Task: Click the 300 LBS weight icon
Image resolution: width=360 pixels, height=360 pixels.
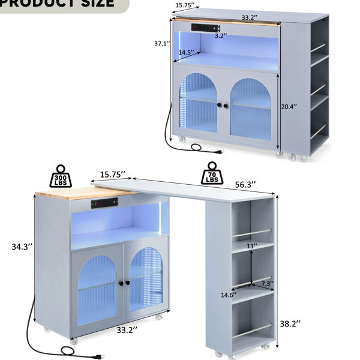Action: coord(61,176)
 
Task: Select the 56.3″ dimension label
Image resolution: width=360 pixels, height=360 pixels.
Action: coord(245,184)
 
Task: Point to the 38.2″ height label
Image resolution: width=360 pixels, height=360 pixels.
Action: coord(290,324)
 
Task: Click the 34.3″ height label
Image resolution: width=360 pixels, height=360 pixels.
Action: coord(22,247)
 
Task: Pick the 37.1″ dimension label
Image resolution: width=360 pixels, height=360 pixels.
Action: coord(163,43)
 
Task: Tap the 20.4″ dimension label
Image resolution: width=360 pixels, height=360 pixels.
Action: coord(289,106)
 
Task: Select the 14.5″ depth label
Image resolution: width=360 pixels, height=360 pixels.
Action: coord(187,52)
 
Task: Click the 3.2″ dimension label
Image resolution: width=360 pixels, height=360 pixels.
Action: coord(221,35)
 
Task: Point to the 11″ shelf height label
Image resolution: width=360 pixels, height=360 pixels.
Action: coord(252,246)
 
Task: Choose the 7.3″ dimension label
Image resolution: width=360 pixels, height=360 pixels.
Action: coord(268,284)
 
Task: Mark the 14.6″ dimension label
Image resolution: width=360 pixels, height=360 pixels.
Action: coord(229,295)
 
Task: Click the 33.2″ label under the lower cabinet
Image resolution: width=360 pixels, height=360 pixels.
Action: coord(127,330)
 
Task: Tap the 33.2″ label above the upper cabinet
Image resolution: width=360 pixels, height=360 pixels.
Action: coord(249,17)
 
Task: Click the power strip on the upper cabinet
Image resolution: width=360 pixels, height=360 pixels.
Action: coord(205,28)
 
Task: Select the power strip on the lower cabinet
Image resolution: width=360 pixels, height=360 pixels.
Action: coord(104,203)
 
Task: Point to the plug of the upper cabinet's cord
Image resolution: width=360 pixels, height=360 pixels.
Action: coord(219,152)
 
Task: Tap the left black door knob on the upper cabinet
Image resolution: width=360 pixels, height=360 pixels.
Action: coord(220,105)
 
